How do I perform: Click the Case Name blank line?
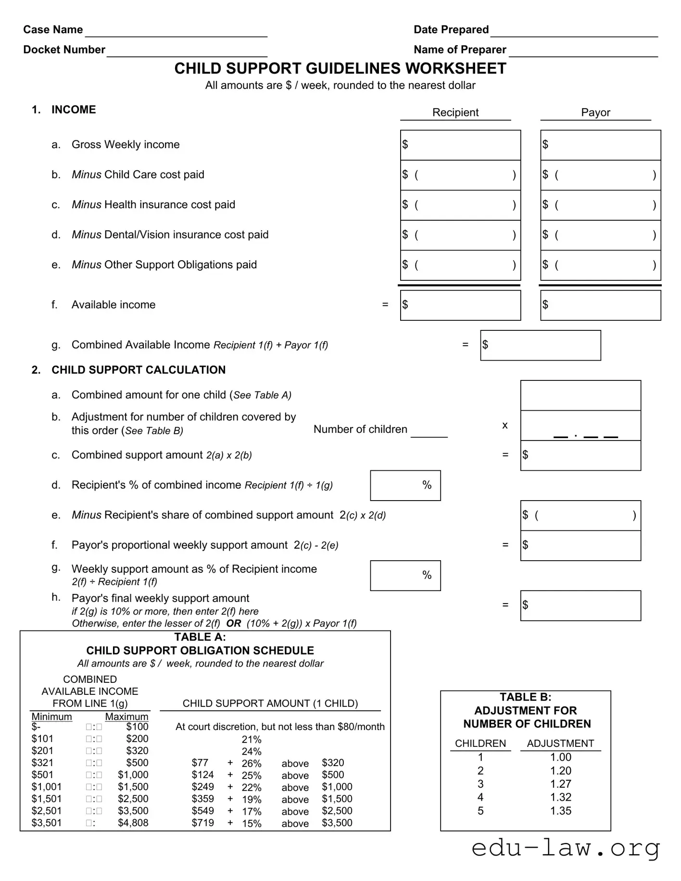click(x=176, y=31)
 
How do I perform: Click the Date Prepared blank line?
click(x=574, y=31)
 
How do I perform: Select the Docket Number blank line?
click(x=187, y=51)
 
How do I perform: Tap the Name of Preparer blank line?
click(x=583, y=51)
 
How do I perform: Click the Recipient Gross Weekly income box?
click(x=460, y=145)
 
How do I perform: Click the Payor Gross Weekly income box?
click(x=600, y=145)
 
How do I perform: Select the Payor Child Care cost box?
click(x=600, y=175)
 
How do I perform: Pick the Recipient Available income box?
click(x=460, y=305)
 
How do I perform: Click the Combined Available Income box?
click(x=541, y=345)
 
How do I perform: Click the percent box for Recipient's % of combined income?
click(x=405, y=486)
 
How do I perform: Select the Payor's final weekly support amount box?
click(x=580, y=605)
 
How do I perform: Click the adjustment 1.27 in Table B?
click(x=560, y=784)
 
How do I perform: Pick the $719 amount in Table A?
click(x=202, y=823)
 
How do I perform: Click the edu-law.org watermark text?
click(x=565, y=849)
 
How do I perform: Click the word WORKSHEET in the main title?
click(x=455, y=69)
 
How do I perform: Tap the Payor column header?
click(x=595, y=113)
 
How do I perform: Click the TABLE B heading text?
click(x=525, y=697)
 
